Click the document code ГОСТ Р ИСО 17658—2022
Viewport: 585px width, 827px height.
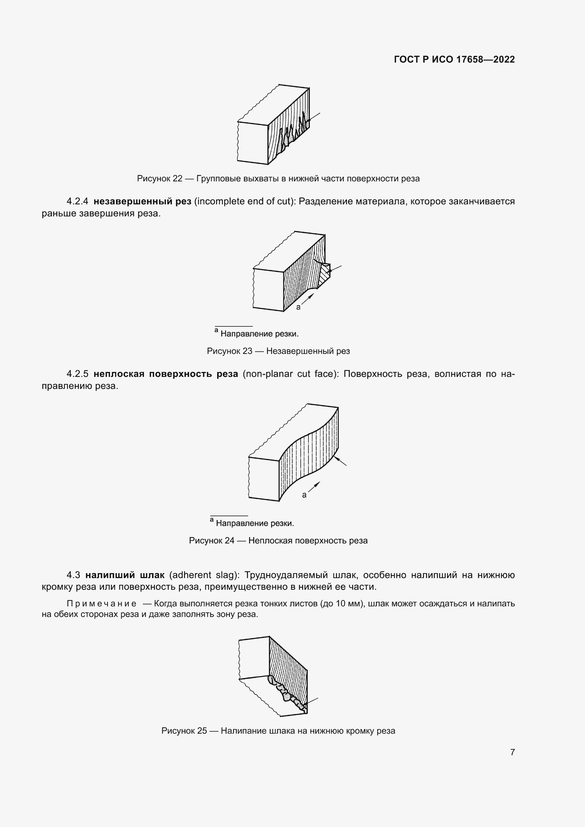(454, 59)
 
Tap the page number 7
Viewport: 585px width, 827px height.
(512, 752)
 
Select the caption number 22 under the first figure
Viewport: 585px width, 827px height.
(177, 179)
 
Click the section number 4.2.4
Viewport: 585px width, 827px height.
(77, 201)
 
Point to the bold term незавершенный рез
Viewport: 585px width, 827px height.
(142, 201)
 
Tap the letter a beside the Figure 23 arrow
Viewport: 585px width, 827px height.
(298, 307)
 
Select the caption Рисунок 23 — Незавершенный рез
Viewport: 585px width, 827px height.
(278, 351)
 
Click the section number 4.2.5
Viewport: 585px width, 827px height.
(77, 374)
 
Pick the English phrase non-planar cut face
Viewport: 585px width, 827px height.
(291, 374)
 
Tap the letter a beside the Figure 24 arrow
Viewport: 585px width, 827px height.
(304, 495)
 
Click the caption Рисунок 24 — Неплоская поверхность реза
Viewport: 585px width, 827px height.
(278, 541)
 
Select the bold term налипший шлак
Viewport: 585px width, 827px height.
(124, 575)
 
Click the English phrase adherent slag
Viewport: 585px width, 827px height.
(204, 575)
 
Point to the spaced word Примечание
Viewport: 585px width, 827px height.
(102, 604)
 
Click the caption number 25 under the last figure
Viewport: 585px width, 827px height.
(202, 731)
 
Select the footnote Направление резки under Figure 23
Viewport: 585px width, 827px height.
(259, 334)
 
